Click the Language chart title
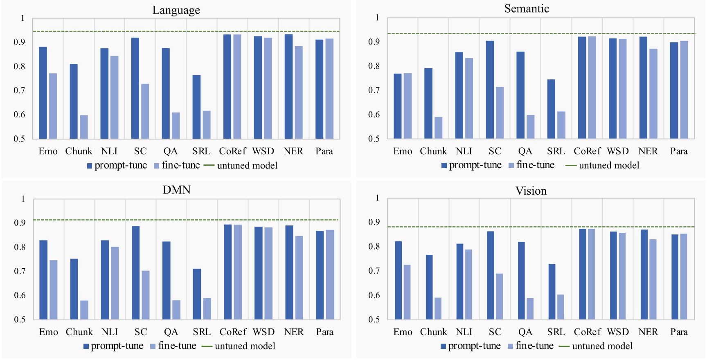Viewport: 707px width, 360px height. (176, 10)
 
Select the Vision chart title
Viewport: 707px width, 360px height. (531, 191)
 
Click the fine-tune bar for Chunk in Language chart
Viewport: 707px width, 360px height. (83, 127)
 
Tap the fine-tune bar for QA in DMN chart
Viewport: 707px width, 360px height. (176, 310)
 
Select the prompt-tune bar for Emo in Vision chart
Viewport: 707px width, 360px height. (398, 280)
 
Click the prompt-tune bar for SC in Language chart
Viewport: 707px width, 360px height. (135, 88)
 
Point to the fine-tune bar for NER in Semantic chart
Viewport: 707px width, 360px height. (653, 94)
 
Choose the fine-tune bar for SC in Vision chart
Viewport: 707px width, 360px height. (499, 296)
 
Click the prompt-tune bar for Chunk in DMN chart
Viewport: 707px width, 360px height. (74, 289)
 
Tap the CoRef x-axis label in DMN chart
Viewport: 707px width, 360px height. (233, 332)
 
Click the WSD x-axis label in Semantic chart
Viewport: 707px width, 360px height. (617, 151)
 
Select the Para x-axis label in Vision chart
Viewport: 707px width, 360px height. (679, 332)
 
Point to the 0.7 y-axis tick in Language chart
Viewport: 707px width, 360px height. (19, 90)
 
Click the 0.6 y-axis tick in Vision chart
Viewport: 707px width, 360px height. (374, 295)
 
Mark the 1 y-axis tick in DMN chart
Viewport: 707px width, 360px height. (23, 199)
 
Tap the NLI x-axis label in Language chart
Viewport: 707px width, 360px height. (109, 151)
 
